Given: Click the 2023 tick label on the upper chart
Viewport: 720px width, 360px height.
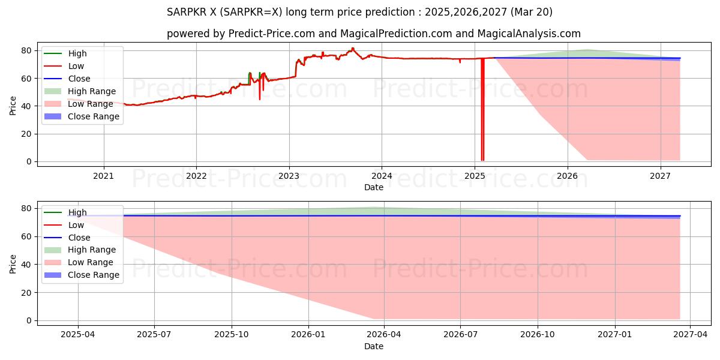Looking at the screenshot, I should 289,176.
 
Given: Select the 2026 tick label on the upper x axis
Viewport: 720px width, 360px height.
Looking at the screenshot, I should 567,176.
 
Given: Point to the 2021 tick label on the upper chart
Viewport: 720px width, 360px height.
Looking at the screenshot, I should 104,176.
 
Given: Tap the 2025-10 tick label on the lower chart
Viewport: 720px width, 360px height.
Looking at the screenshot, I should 232,335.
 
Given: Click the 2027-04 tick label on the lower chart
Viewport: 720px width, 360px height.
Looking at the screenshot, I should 690,335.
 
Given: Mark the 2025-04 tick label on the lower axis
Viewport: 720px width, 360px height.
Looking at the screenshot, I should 78,335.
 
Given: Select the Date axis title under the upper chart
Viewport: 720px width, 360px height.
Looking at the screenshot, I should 373,187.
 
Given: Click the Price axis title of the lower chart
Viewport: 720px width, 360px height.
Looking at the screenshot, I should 13,264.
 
